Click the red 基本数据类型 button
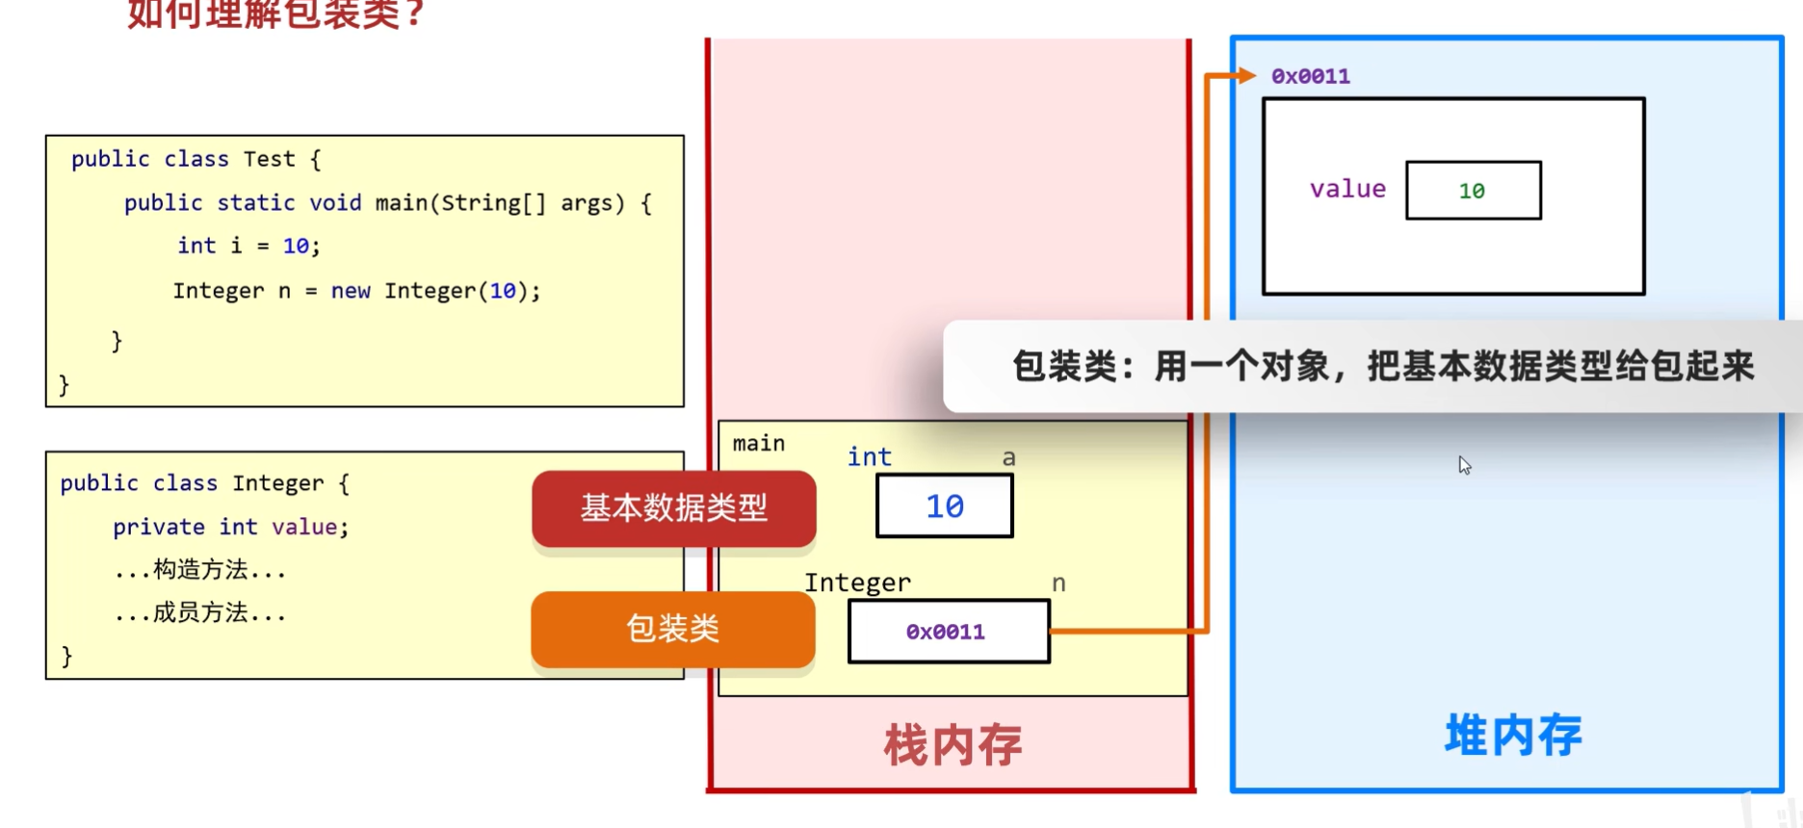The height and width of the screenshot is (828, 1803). tap(673, 507)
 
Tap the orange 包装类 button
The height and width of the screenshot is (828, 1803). tap(672, 629)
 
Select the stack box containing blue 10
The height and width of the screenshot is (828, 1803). tap(944, 506)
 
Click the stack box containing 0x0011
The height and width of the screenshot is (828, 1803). tap(949, 632)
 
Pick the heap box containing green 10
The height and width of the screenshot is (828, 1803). tap(1473, 191)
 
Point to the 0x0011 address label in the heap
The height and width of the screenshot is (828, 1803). tap(1310, 76)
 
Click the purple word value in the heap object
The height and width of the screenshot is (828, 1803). tap(1347, 189)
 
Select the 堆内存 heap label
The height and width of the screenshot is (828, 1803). tap(1512, 736)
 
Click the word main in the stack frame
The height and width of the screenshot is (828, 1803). tap(758, 443)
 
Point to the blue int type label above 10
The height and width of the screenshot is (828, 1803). tap(869, 456)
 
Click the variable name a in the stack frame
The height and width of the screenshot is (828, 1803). tap(1008, 457)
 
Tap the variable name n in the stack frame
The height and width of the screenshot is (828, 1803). tap(1058, 583)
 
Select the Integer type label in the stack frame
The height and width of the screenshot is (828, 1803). tap(857, 582)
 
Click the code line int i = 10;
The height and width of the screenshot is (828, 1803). tap(248, 246)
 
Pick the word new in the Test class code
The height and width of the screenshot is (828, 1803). tap(351, 291)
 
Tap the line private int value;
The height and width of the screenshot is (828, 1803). tap(230, 527)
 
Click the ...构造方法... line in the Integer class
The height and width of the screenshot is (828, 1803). tap(200, 570)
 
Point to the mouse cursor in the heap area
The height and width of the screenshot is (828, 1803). tap(1464, 465)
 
